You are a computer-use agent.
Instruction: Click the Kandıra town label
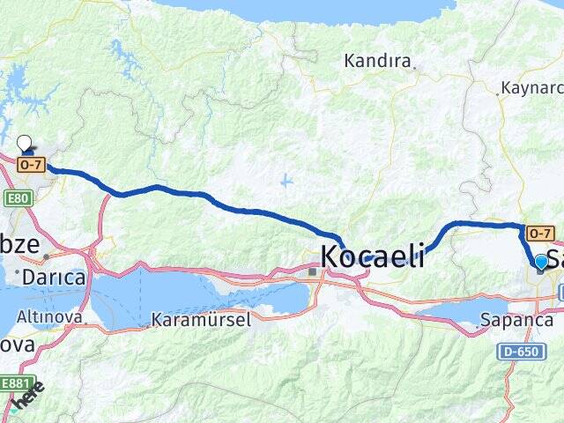pyautogui.click(x=378, y=62)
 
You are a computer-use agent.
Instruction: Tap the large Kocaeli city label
pyautogui.click(x=372, y=256)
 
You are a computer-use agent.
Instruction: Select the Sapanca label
pyautogui.click(x=516, y=320)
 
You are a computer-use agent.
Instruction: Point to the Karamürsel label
pyautogui.click(x=200, y=319)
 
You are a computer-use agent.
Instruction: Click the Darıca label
pyautogui.click(x=55, y=278)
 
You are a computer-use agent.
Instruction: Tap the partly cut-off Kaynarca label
pyautogui.click(x=531, y=88)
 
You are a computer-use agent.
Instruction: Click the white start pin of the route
pyautogui.click(x=24, y=142)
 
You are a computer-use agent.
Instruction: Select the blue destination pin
pyautogui.click(x=541, y=261)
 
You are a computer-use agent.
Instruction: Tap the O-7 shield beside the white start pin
pyautogui.click(x=30, y=164)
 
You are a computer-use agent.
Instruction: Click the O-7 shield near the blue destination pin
pyautogui.click(x=539, y=234)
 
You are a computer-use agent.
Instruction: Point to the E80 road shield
pyautogui.click(x=16, y=198)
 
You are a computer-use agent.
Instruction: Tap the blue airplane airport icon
pyautogui.click(x=286, y=181)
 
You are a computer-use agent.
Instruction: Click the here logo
pyautogui.click(x=26, y=397)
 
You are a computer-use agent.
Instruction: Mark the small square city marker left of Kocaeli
pyautogui.click(x=312, y=272)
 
